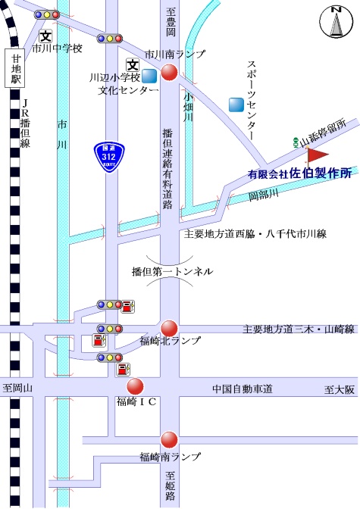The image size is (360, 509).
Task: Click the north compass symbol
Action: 336,21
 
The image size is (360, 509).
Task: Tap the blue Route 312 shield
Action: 109,157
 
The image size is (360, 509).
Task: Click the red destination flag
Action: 317,156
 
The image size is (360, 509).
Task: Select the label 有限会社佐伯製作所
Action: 299,173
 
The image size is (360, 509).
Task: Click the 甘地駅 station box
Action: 15,68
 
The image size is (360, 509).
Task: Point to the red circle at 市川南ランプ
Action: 169,72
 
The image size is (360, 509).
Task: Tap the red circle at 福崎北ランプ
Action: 169,329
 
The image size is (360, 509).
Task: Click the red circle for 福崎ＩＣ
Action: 135,386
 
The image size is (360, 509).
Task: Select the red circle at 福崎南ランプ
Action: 169,440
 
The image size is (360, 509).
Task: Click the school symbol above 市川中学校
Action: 45,36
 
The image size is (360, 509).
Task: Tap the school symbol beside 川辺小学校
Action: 133,65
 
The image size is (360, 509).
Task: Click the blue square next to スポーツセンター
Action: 236,105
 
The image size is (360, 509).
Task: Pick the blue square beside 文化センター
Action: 149,77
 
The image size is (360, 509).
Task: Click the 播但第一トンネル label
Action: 172,271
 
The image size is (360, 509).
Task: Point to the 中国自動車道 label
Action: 243,389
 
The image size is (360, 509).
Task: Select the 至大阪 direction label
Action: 340,389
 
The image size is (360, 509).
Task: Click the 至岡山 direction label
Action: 17,388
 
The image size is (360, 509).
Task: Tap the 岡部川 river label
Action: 264,195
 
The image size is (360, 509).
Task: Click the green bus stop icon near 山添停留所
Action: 296,142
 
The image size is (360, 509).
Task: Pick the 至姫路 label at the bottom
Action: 170,486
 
